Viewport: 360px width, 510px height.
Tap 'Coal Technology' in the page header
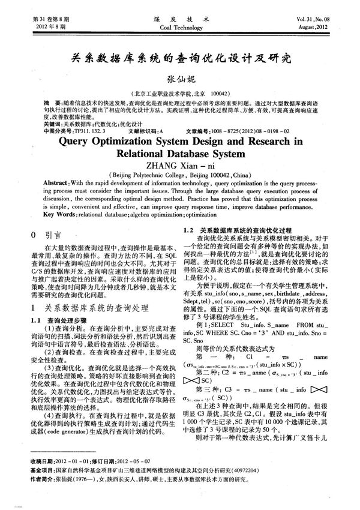(180, 28)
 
